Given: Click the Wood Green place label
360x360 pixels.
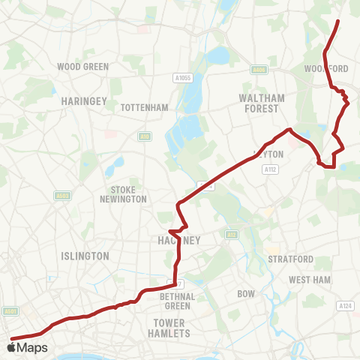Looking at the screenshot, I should click(x=83, y=67).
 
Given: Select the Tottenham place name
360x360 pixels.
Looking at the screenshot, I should click(x=145, y=107).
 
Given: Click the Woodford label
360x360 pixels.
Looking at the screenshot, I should click(x=327, y=68).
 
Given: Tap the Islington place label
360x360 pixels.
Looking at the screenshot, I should click(x=85, y=256).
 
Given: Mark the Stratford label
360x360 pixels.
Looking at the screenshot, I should click(x=291, y=259).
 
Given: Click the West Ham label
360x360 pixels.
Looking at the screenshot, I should click(x=310, y=280).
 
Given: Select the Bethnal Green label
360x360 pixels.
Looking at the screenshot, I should click(x=178, y=301).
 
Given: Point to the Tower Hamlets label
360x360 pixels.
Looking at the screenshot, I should click(x=169, y=328).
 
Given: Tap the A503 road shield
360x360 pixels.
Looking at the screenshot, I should click(x=62, y=196).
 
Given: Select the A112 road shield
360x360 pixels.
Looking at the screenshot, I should click(x=271, y=170).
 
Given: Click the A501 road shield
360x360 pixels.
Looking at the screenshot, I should click(x=10, y=310).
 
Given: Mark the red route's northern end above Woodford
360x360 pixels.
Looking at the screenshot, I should click(x=339, y=21).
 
